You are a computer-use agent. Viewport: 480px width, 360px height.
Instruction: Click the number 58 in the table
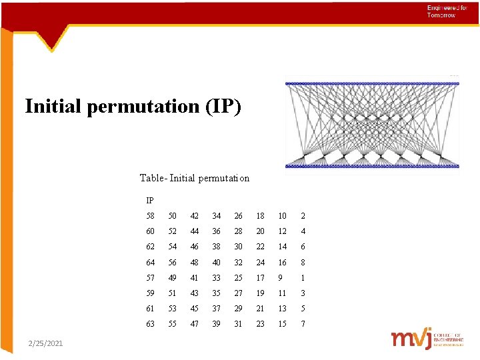tap(150, 216)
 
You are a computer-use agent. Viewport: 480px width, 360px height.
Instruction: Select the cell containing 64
tap(150, 262)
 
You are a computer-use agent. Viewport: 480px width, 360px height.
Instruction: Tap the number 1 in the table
tap(303, 277)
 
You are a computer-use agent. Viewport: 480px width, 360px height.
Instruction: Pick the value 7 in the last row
tap(303, 323)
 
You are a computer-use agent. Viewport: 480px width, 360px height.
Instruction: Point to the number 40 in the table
tap(216, 262)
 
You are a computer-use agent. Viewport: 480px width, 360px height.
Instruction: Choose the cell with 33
tap(216, 277)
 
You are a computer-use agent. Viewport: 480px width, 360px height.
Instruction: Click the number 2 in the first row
tap(303, 216)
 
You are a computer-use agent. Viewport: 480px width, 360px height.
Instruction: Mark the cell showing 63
tap(150, 323)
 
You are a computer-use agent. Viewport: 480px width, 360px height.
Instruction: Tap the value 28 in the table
tap(238, 231)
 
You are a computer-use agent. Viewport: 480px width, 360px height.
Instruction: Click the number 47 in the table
tap(194, 323)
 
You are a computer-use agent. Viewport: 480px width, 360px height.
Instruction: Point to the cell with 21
tap(260, 308)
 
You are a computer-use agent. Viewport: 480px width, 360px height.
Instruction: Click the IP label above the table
tap(150, 200)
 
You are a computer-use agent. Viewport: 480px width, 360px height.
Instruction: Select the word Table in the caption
tap(153, 178)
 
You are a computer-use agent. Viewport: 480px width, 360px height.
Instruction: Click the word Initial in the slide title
tap(54, 107)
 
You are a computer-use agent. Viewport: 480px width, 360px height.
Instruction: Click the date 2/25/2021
tap(46, 343)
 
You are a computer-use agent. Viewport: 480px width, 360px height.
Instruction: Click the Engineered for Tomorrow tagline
tap(442, 11)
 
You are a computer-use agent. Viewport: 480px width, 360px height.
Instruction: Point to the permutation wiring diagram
tap(372, 125)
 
